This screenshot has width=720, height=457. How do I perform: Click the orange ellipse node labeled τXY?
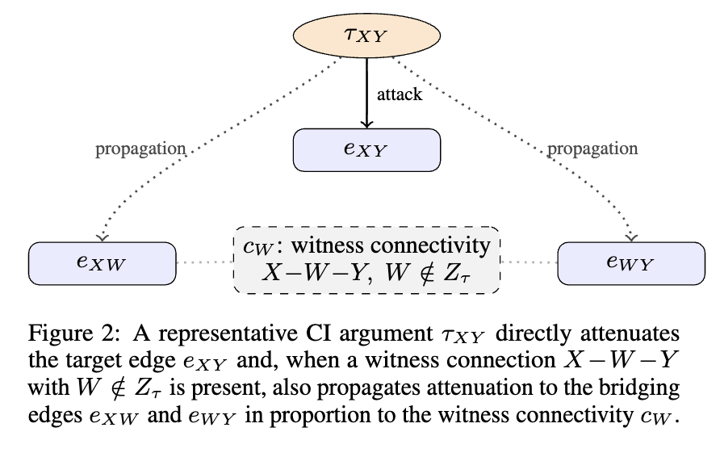(x=366, y=36)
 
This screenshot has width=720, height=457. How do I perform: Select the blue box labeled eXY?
(x=366, y=150)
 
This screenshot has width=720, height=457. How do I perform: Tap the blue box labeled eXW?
(x=102, y=264)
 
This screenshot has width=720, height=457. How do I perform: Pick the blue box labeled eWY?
(x=631, y=264)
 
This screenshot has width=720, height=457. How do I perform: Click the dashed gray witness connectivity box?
(x=366, y=260)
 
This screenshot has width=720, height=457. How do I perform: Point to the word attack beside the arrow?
(x=399, y=94)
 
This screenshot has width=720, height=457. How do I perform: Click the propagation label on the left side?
(x=140, y=149)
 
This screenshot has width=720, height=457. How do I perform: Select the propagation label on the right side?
(x=592, y=149)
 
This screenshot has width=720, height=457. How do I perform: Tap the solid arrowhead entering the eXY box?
(x=366, y=124)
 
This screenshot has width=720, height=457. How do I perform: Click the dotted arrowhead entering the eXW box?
(x=102, y=238)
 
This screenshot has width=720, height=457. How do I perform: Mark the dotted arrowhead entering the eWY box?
(x=632, y=238)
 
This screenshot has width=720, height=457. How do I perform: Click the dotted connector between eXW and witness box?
(x=205, y=262)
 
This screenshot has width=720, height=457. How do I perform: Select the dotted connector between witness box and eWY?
(x=529, y=262)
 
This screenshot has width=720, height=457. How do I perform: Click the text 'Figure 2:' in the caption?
(x=73, y=333)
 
